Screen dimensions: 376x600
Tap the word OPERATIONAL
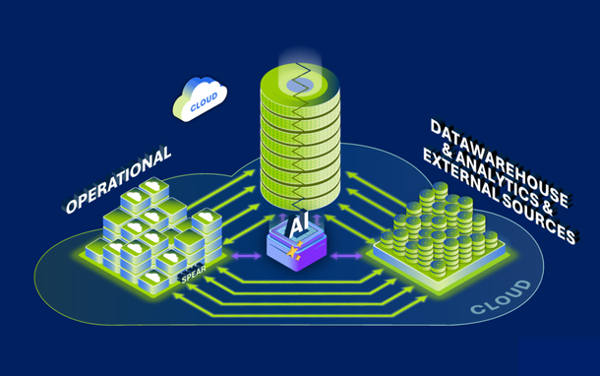(119, 180)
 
